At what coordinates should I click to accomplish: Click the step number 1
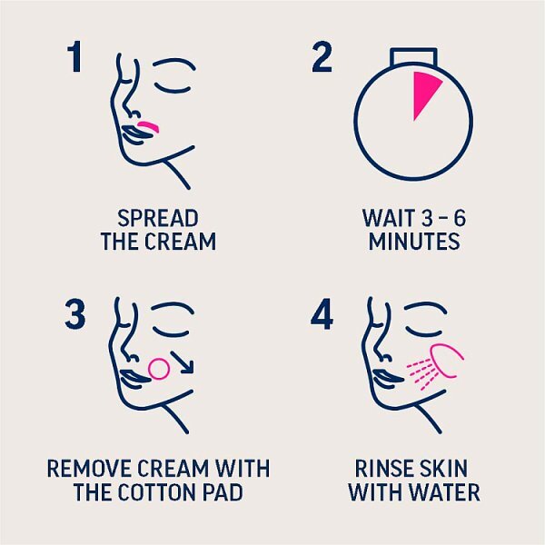point(75,57)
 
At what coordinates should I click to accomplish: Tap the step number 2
point(322,57)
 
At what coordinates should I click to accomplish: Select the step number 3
point(75,314)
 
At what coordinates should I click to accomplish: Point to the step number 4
point(322,314)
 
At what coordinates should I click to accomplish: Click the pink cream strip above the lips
point(149,126)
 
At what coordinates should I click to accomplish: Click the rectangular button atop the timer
point(413,56)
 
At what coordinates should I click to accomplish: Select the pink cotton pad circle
point(159,369)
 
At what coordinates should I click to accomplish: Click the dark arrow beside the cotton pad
point(183,362)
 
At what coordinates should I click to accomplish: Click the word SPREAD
point(158,218)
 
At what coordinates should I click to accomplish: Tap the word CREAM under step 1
point(181,242)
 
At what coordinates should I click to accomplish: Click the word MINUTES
point(414,242)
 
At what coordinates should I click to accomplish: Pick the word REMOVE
point(90,469)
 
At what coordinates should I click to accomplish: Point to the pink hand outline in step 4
point(447,361)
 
